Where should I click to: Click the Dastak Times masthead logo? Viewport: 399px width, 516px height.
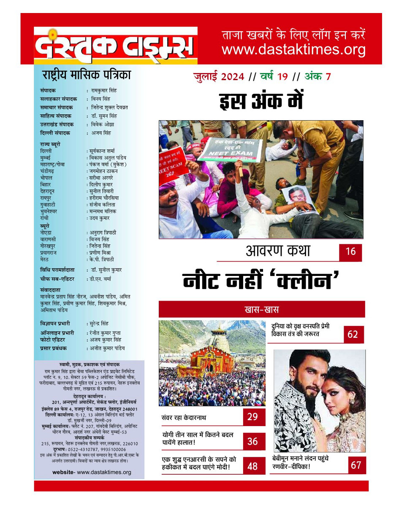(x=115, y=46)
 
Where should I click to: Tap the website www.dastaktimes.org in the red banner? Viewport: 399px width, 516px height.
(x=293, y=50)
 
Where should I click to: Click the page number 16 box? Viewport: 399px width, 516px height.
(x=350, y=252)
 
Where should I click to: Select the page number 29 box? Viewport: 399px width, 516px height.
(x=252, y=417)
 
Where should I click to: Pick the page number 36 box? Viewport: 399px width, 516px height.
(x=252, y=441)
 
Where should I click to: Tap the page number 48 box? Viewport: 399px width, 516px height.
(x=252, y=466)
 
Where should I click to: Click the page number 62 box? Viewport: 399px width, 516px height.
(x=353, y=334)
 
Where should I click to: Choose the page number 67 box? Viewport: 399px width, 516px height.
(x=356, y=465)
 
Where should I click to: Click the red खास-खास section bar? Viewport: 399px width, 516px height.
(x=261, y=310)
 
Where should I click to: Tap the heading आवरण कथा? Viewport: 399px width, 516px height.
(x=277, y=251)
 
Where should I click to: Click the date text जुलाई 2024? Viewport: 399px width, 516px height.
(x=219, y=76)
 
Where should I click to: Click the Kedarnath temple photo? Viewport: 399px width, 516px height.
(x=212, y=363)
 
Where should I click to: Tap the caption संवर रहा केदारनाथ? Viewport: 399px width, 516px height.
(x=184, y=417)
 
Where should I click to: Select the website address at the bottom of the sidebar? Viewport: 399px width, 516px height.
(x=92, y=472)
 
